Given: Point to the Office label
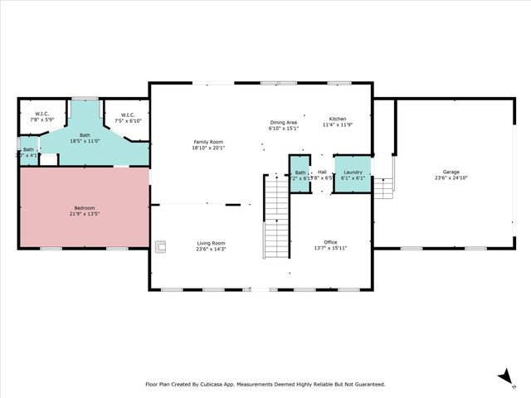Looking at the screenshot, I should [330, 241].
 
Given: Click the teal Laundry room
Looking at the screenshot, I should [353, 174].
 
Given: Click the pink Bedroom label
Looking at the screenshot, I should [84, 207].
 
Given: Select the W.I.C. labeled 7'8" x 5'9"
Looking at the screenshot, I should [41, 115].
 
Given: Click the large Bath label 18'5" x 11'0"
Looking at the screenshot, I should [85, 135].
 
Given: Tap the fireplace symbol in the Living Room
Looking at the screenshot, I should [162, 245].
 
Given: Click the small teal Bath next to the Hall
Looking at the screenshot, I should [300, 174].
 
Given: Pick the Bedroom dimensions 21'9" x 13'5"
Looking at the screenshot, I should [84, 213].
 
